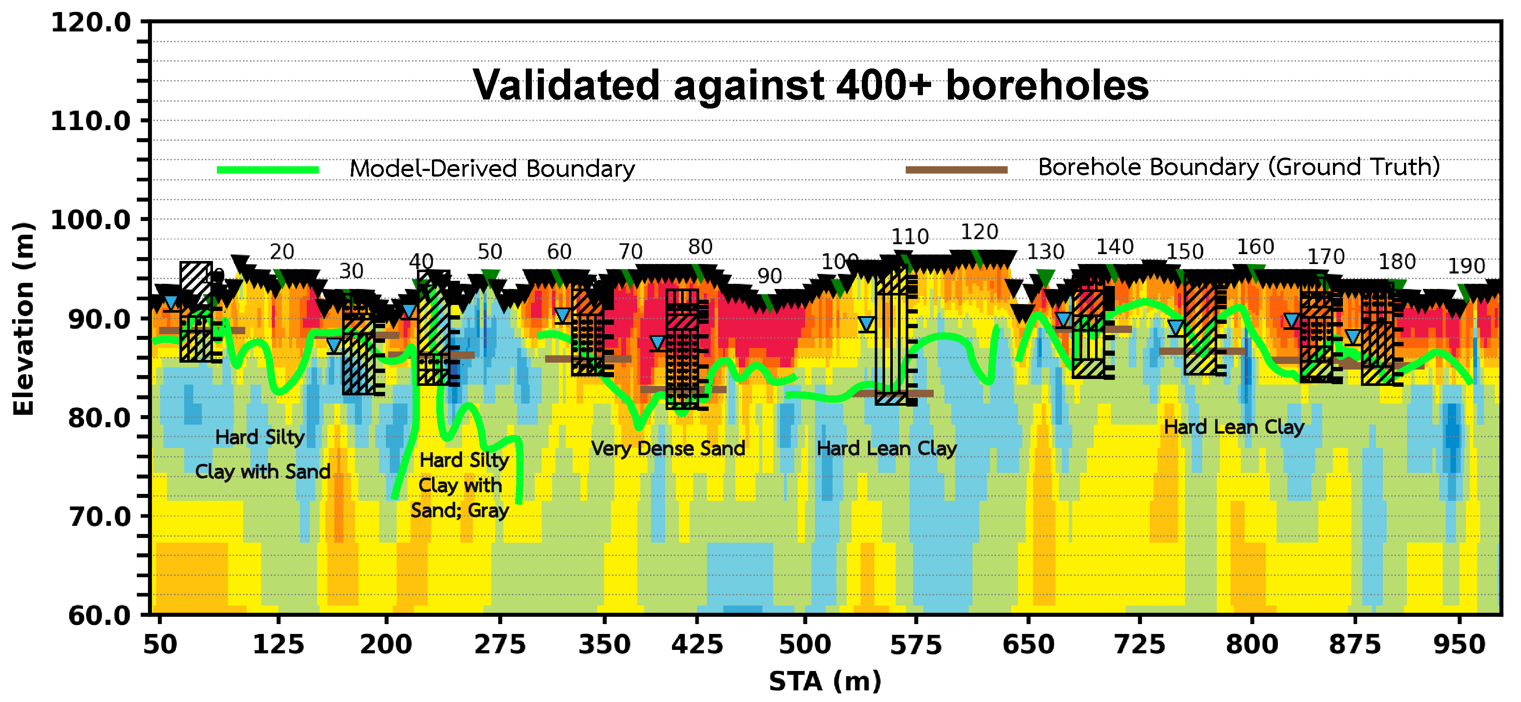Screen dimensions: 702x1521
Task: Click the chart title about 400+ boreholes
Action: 810,86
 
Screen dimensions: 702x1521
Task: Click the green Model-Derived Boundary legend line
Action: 268,170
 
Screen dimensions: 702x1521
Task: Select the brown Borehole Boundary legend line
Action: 956,170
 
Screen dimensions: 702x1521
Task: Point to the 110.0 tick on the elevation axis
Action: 90,121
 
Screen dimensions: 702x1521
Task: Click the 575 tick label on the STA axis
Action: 916,645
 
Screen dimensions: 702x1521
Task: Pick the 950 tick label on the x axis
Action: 1459,645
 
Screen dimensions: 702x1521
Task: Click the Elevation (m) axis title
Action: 24,319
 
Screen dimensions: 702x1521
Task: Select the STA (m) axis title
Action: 824,681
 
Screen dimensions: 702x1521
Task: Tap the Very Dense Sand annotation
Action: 668,448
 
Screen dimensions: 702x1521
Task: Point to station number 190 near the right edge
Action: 1465,267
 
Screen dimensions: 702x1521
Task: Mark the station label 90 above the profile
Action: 769,276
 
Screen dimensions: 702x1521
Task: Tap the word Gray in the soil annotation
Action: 488,510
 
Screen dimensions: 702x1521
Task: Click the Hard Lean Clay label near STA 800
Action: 1234,427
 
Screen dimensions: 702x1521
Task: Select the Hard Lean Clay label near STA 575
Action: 886,448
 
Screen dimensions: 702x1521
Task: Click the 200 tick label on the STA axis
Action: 386,645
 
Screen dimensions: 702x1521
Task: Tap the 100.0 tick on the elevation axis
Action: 90,220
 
